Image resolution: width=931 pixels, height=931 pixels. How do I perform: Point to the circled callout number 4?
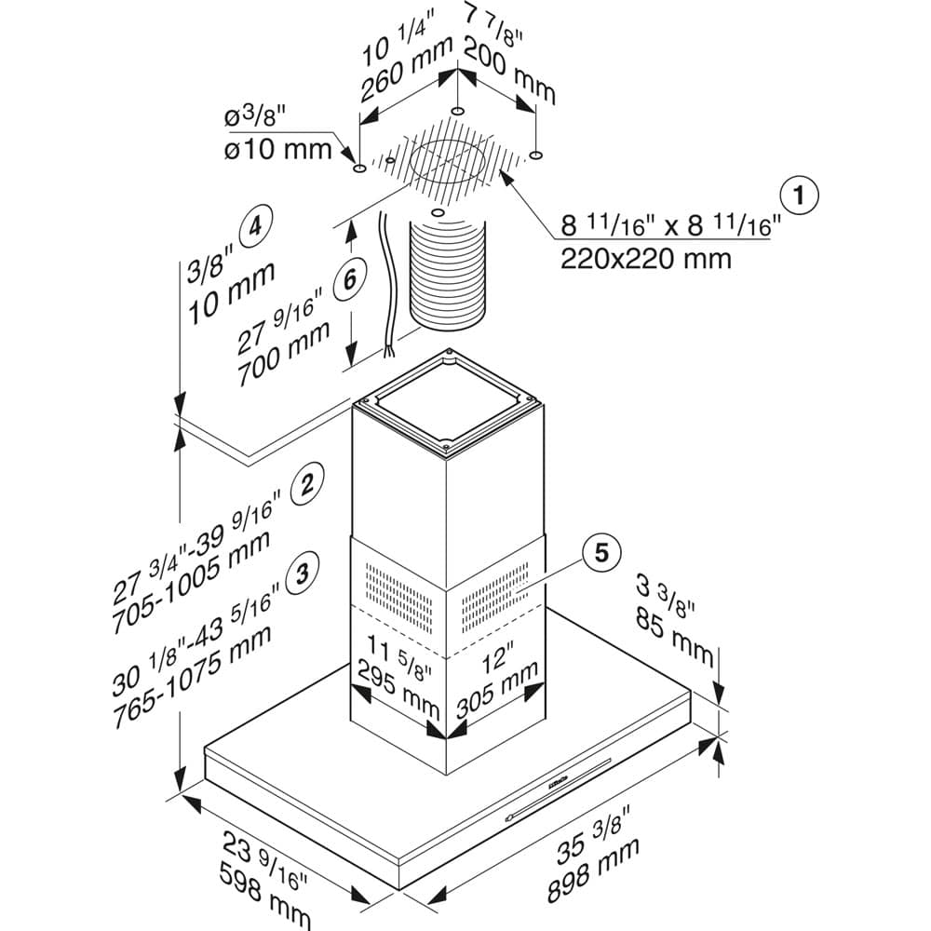tap(255, 226)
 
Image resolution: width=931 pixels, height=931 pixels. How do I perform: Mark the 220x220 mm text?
tap(645, 258)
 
